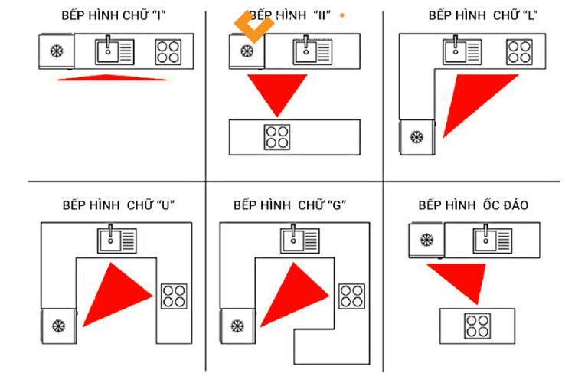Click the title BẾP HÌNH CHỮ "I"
(113, 16)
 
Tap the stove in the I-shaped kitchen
(168, 52)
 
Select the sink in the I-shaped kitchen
(115, 52)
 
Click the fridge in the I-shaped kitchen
(56, 52)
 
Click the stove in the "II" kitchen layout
(277, 137)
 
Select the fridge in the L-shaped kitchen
(417, 138)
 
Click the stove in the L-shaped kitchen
(519, 52)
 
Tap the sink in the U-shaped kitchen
(117, 241)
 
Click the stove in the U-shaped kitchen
(174, 296)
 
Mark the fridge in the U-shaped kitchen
(59, 326)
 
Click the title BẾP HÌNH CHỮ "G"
(290, 205)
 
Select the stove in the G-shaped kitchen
(351, 296)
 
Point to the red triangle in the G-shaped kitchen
(295, 295)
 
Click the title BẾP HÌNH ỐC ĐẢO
(472, 205)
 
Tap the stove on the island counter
(476, 326)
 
